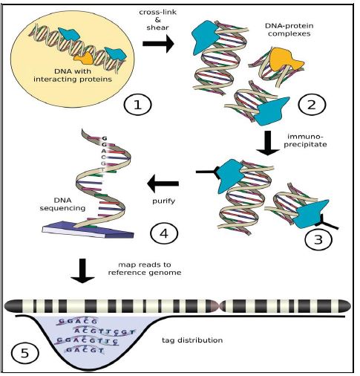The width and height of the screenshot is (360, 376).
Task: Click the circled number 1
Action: (x=137, y=105)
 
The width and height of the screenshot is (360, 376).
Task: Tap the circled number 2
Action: (x=312, y=105)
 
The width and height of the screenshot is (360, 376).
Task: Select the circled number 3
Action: (x=318, y=239)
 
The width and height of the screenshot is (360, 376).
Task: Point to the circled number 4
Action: (x=164, y=233)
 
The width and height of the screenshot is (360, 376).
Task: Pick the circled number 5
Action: (x=25, y=354)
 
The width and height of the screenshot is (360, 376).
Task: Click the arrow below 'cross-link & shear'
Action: (x=158, y=44)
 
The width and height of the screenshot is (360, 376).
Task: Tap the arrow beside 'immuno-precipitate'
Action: (x=268, y=143)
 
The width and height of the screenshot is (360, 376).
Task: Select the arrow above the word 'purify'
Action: (x=163, y=184)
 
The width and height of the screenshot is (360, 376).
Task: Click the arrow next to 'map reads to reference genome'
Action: (x=82, y=270)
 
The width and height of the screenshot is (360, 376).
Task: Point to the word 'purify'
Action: (x=163, y=201)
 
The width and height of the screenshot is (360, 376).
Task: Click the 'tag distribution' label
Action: (x=192, y=340)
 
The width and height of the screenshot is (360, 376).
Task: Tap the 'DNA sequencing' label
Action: (x=62, y=204)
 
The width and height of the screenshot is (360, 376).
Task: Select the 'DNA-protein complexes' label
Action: (x=289, y=30)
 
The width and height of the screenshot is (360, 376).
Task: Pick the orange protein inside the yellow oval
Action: (x=84, y=59)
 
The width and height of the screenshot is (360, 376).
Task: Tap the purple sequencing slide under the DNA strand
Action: (x=88, y=230)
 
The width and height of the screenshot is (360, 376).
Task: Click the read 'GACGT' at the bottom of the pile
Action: (x=85, y=350)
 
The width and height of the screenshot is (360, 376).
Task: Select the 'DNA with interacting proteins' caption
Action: (x=73, y=75)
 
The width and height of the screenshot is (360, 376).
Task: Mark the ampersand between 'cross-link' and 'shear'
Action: (x=157, y=19)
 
